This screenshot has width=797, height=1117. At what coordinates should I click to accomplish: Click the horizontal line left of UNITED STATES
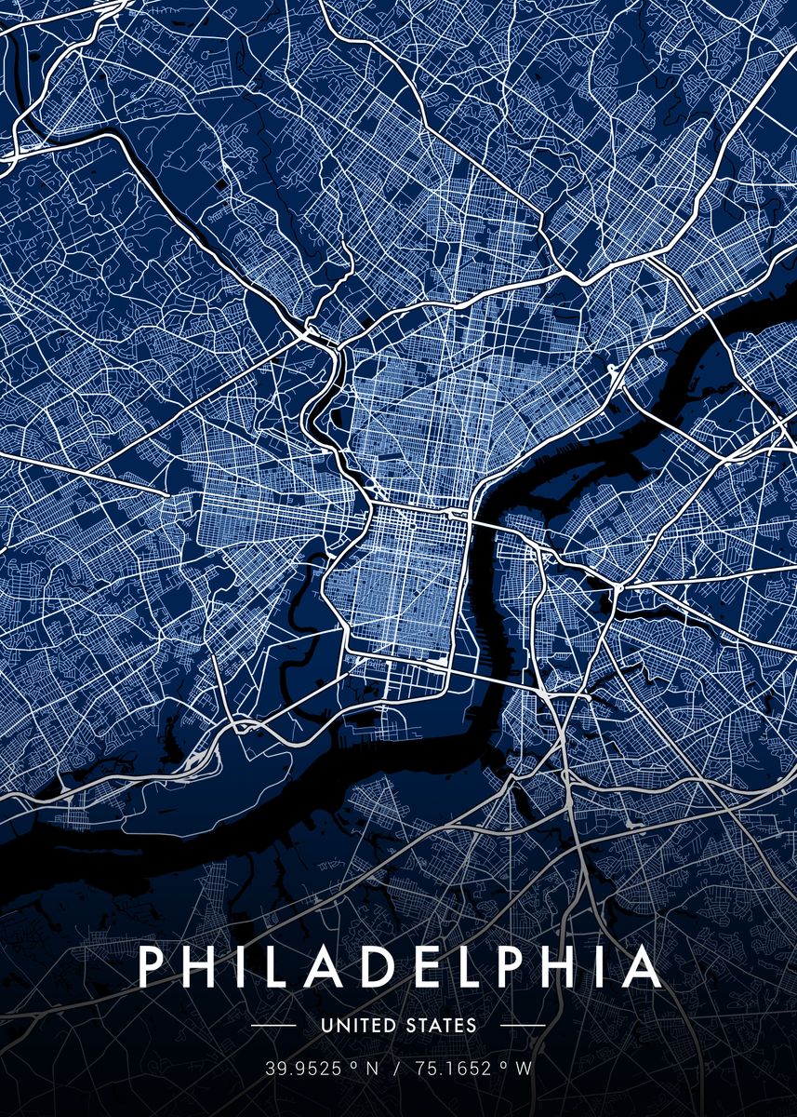(x=273, y=1026)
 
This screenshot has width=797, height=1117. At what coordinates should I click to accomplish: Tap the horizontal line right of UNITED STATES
(x=523, y=1026)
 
